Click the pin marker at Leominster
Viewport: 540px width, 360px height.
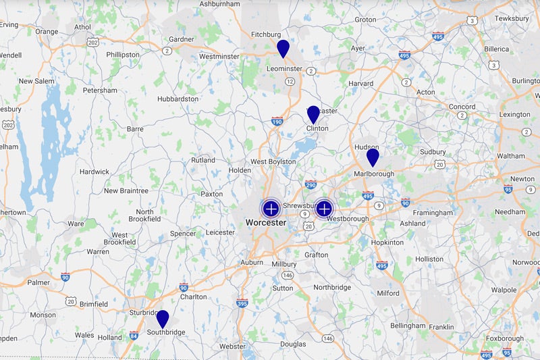point(283,48)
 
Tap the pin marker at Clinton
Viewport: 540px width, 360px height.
point(313,114)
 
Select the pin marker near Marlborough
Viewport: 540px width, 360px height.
point(373,157)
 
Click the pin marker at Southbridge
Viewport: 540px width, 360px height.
point(163,319)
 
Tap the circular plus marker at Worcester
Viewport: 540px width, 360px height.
point(271,208)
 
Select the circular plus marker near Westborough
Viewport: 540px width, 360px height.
point(324,208)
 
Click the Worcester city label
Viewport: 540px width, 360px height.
point(265,222)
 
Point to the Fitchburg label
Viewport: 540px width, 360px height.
point(265,34)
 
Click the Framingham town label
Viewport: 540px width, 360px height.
point(434,213)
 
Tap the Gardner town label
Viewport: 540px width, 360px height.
point(181,39)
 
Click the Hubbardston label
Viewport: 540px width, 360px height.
point(178,99)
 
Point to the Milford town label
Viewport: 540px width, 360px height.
point(388,293)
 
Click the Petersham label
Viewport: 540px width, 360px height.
point(100,90)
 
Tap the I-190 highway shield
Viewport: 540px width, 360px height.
point(277,122)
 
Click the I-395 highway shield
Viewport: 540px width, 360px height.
point(242,303)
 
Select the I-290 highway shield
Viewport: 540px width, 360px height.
point(310,184)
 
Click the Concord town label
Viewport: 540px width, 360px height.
point(462,106)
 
